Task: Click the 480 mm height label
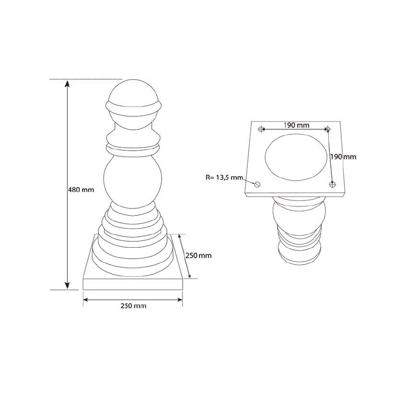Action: (80, 190)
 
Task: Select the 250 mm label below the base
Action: (133, 306)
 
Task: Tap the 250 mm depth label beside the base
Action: (199, 256)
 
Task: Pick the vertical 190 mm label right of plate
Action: (344, 156)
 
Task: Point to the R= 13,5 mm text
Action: (224, 177)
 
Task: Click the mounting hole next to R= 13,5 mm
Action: (257, 184)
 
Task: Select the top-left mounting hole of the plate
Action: (262, 129)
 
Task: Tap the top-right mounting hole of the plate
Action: (327, 129)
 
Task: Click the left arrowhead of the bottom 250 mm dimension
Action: (86, 299)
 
